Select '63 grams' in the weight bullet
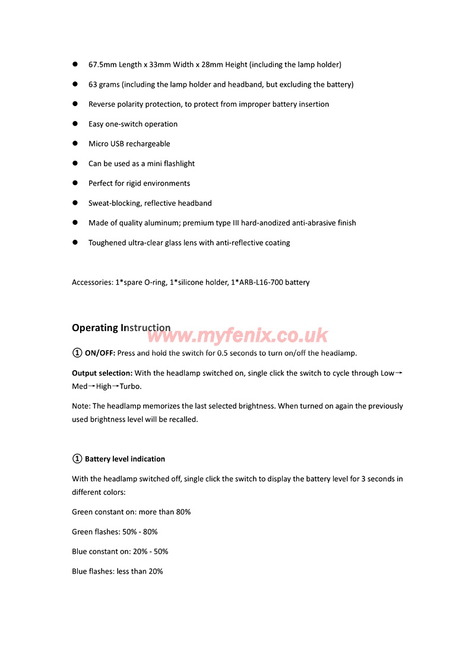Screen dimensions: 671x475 [x=104, y=85]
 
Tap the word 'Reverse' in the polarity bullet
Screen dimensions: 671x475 [x=102, y=104]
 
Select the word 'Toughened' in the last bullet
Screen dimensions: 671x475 [x=107, y=243]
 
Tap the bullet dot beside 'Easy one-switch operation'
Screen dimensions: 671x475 [x=76, y=124]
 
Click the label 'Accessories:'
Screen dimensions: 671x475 [x=93, y=283]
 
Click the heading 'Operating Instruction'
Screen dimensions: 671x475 [x=121, y=328]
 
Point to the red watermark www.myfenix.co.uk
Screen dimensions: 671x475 [x=237, y=336]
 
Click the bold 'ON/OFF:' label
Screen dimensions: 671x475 [x=100, y=354]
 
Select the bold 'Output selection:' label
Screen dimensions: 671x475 [x=102, y=374]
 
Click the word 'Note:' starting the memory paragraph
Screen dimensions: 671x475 [x=81, y=406]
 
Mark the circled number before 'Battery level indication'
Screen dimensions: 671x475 [x=77, y=459]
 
